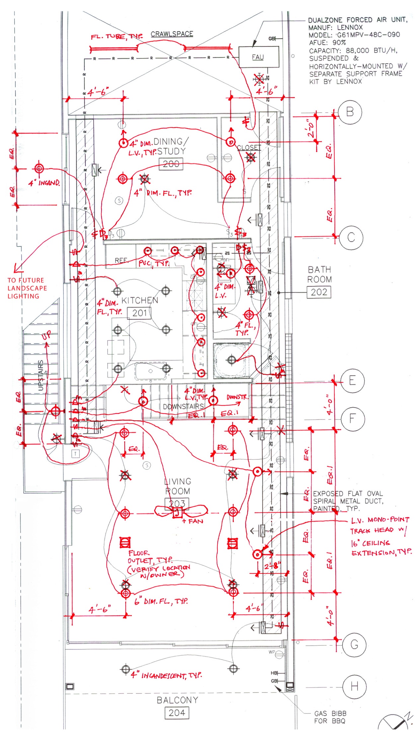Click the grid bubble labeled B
tap(350, 112)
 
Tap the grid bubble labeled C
tap(351, 237)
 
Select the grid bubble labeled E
tap(352, 380)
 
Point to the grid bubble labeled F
tap(353, 418)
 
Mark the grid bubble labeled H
tap(354, 686)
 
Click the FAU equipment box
tap(258, 57)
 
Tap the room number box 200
tap(171, 164)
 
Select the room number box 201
tap(139, 313)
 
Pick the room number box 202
tap(319, 292)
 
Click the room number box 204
tap(177, 713)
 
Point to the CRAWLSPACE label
tap(172, 34)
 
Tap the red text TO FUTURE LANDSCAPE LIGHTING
tap(27, 288)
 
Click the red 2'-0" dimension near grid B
tap(310, 129)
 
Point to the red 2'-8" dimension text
tap(272, 565)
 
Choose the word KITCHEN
tap(140, 301)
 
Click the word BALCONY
tap(177, 700)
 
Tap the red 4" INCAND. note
tap(44, 183)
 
